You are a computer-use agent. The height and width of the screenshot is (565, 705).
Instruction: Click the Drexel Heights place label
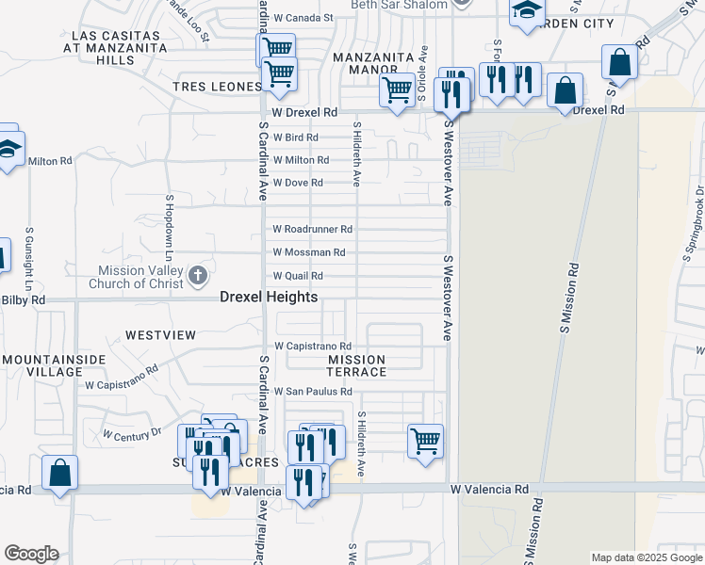click(x=269, y=297)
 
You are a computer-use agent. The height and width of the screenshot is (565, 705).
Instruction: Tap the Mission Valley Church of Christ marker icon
click(x=197, y=276)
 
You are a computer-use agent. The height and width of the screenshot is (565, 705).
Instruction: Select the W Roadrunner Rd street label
click(x=312, y=229)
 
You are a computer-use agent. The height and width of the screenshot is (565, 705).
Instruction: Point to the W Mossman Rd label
click(x=308, y=252)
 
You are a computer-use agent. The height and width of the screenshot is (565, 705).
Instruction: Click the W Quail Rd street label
click(x=298, y=276)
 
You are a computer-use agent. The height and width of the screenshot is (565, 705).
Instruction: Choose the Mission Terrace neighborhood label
click(x=357, y=365)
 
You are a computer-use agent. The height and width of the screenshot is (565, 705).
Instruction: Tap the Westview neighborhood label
click(x=160, y=335)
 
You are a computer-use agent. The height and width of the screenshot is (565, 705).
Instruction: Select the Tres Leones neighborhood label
click(x=216, y=87)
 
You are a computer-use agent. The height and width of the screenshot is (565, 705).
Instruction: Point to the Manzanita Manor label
click(x=373, y=63)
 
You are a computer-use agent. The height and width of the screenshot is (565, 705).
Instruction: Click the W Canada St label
click(x=303, y=17)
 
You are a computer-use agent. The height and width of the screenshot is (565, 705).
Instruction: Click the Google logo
click(x=31, y=554)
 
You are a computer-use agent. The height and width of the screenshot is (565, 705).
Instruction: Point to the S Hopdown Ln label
click(x=171, y=229)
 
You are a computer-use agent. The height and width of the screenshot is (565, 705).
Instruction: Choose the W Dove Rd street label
click(x=298, y=183)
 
